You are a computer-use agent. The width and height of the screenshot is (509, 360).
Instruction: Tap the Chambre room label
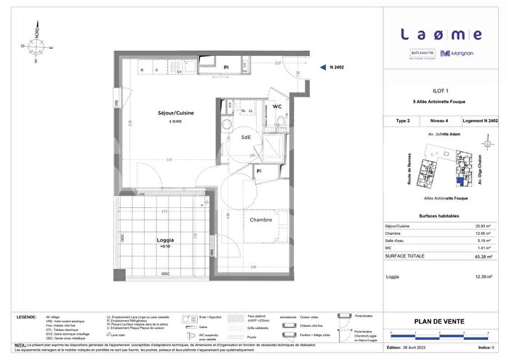point(261,220)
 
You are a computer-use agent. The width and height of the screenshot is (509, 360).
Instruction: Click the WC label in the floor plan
point(277,106)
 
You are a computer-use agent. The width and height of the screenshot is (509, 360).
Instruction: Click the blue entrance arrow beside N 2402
point(322,67)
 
